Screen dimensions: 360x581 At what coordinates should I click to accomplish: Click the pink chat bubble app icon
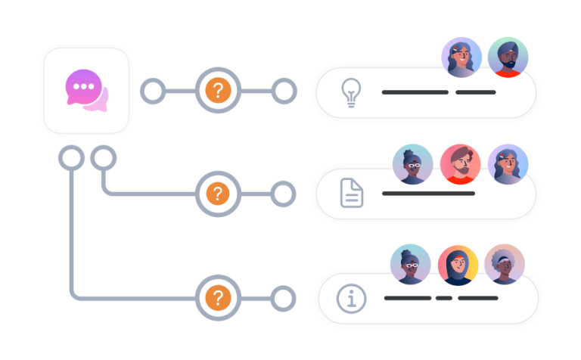pos(86,91)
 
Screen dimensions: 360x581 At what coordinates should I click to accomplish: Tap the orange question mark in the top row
pos(218,92)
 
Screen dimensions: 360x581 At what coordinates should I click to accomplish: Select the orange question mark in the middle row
pos(218,194)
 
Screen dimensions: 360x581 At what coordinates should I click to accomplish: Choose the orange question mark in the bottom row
pos(218,297)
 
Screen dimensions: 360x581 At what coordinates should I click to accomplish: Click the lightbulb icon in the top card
pos(351,92)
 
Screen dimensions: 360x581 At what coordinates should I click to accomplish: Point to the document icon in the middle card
pos(351,194)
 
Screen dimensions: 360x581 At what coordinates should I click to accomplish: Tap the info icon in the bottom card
pos(351,298)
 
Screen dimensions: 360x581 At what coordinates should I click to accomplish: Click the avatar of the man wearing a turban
pos(508,57)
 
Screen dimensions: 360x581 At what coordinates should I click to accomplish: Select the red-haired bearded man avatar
pos(460,164)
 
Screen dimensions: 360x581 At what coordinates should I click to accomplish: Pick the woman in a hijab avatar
pos(458,265)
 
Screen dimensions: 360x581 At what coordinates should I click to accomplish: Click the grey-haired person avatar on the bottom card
pos(505,264)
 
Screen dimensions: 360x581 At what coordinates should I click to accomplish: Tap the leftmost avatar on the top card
pos(461,57)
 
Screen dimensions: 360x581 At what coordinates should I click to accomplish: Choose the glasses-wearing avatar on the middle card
pos(413,164)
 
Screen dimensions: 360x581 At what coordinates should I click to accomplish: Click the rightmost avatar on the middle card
pos(508,164)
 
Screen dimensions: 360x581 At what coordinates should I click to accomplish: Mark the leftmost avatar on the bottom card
pos(411,265)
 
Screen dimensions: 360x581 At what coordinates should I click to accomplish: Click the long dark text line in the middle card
pos(428,194)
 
